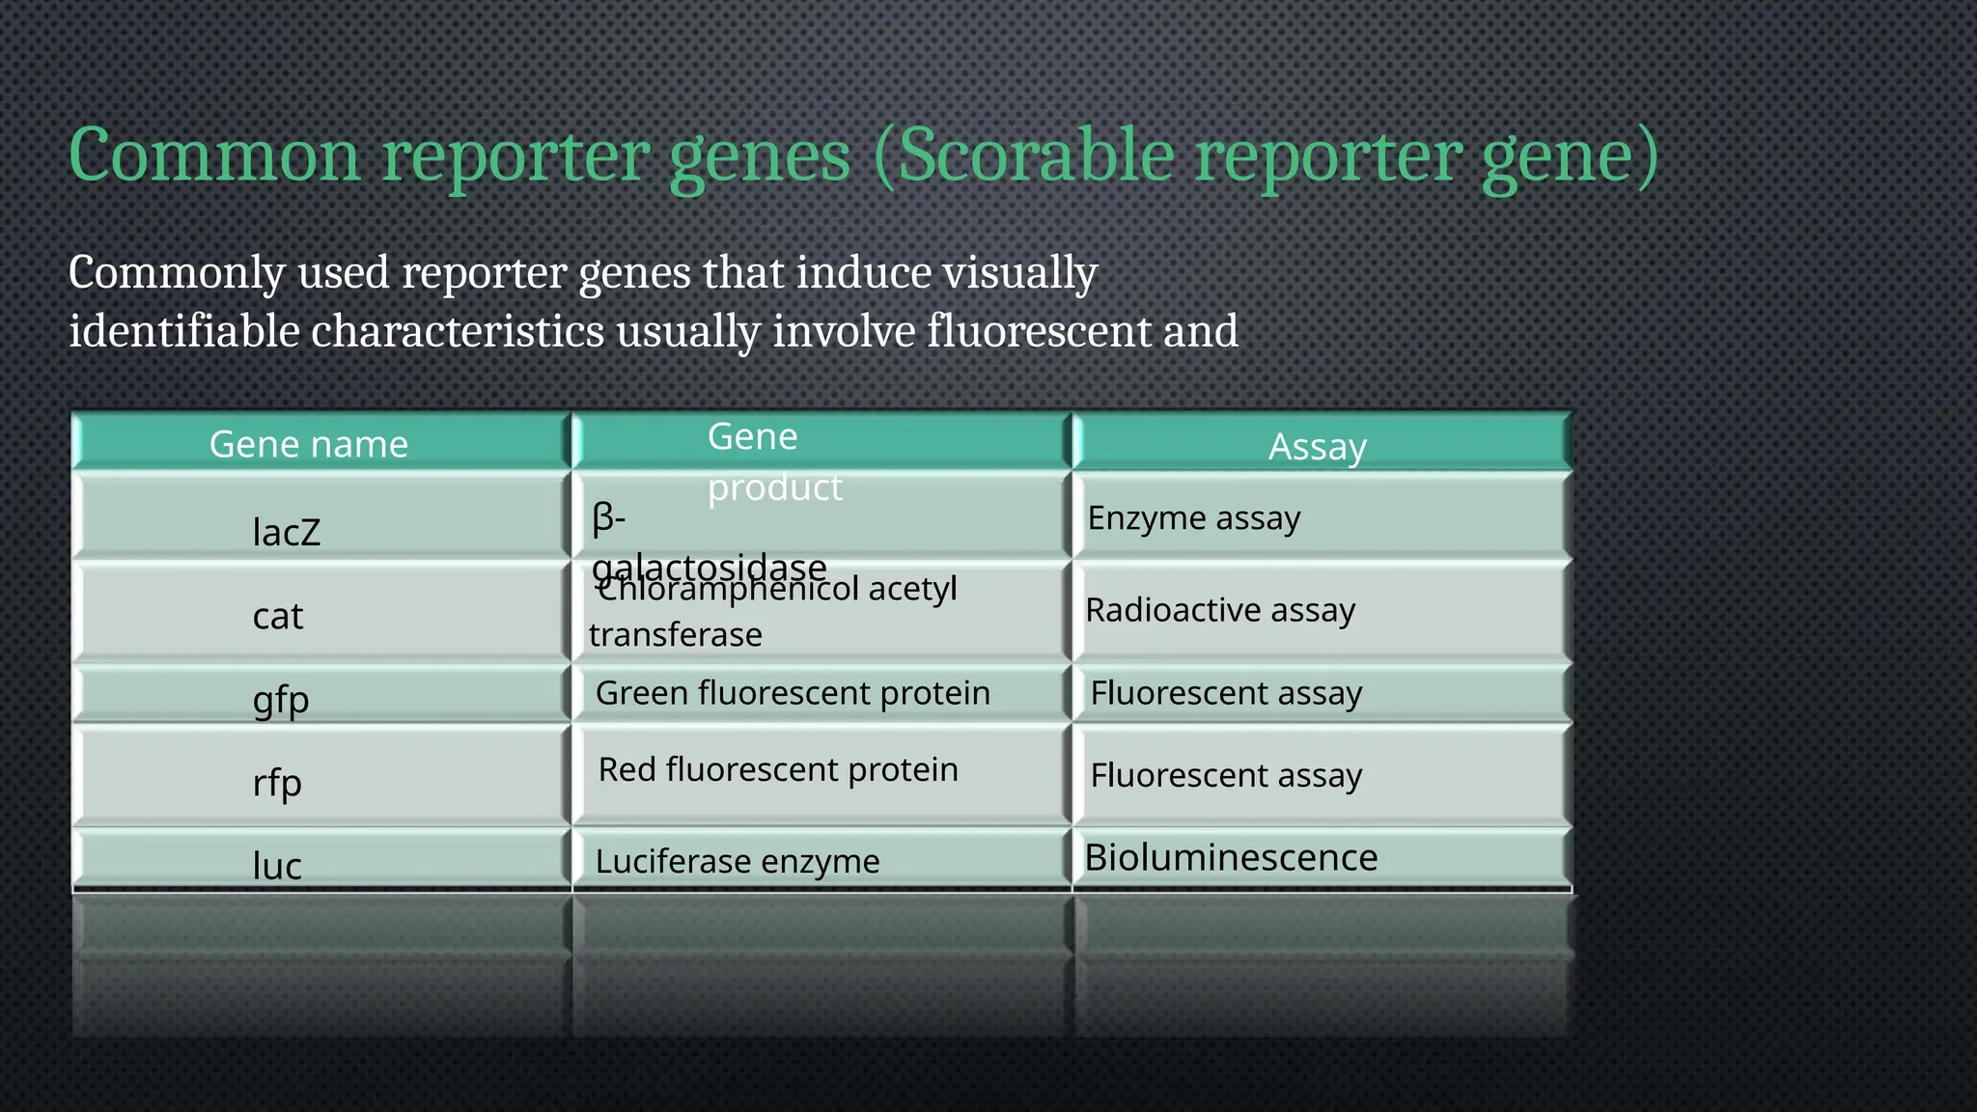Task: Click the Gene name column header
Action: [309, 444]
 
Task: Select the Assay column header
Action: [1317, 446]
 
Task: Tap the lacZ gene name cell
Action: [286, 532]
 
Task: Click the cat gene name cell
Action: [278, 616]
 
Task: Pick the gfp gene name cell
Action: [281, 699]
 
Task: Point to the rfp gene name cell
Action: [277, 782]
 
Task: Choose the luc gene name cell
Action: [277, 865]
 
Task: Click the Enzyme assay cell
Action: [1194, 518]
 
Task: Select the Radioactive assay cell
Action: [1220, 610]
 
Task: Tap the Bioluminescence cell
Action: [1231, 857]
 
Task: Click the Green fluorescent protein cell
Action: [793, 693]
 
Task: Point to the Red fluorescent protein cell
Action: [778, 769]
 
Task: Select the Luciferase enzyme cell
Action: [738, 861]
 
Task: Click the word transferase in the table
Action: [676, 635]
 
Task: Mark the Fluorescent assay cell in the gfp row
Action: [1226, 693]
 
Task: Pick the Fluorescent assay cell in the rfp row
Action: [1226, 775]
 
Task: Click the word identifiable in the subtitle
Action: [184, 331]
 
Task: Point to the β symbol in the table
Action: [602, 518]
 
